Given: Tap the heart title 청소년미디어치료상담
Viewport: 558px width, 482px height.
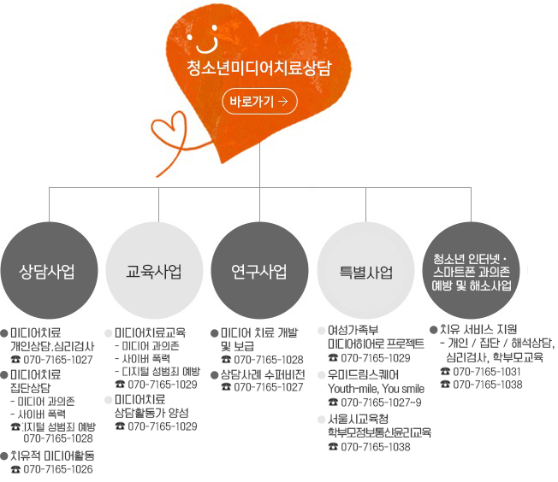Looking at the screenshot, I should tap(258, 68).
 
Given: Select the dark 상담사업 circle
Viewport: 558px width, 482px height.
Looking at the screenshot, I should tap(47, 272).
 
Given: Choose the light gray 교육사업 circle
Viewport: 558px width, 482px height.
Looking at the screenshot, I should tap(154, 272).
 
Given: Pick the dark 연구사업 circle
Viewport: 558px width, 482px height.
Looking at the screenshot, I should tap(259, 272).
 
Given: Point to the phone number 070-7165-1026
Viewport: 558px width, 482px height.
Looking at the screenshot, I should tap(58, 469).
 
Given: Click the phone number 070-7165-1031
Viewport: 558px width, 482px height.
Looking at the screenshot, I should tap(487, 372).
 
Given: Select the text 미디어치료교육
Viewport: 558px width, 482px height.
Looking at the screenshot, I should tap(150, 332).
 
